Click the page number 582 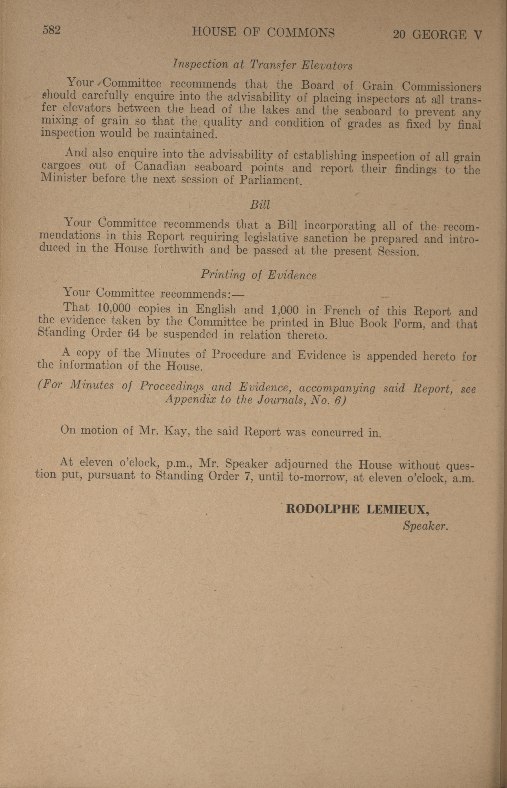(x=51, y=30)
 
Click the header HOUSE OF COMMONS (x=263, y=32)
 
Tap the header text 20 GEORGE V (x=438, y=34)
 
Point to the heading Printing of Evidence (x=258, y=275)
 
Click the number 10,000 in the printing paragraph (x=114, y=308)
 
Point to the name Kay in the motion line (x=178, y=431)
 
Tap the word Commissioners (x=441, y=87)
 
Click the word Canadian (x=160, y=166)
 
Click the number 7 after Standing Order (x=246, y=477)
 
